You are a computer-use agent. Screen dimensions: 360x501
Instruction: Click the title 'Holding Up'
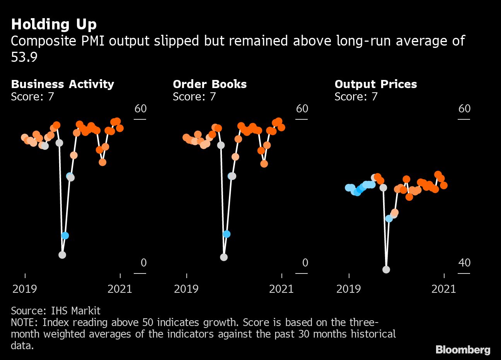coord(54,24)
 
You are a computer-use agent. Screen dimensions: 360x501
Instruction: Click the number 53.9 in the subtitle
coord(24,57)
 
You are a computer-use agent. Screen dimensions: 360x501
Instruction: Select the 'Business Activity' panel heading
coord(62,84)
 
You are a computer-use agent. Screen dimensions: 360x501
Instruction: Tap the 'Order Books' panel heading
coord(210,84)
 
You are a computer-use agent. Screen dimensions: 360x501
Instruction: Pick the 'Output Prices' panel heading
coord(375,84)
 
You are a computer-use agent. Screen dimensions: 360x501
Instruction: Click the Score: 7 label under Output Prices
coord(356,97)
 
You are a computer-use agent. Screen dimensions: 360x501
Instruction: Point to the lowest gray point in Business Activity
coord(62,255)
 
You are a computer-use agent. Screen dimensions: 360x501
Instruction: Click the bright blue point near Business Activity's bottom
coord(65,236)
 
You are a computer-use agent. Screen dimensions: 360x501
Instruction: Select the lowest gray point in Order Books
coord(223,257)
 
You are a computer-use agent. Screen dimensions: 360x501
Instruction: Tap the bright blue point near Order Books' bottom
coord(227,234)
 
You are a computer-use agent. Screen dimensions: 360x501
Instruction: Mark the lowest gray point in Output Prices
coord(386,270)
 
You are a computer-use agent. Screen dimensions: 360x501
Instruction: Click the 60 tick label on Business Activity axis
coord(140,109)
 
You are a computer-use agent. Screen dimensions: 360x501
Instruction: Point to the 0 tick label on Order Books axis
coord(305,263)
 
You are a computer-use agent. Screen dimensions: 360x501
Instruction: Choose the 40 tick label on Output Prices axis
coord(464,263)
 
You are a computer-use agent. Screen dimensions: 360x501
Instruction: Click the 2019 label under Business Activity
coord(25,289)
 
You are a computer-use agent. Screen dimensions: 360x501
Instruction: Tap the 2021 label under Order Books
coord(281,289)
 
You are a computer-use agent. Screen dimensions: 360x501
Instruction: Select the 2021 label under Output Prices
coord(444,289)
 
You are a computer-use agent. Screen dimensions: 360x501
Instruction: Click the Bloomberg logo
coord(463,350)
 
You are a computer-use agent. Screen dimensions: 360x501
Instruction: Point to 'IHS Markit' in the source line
coord(76,311)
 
